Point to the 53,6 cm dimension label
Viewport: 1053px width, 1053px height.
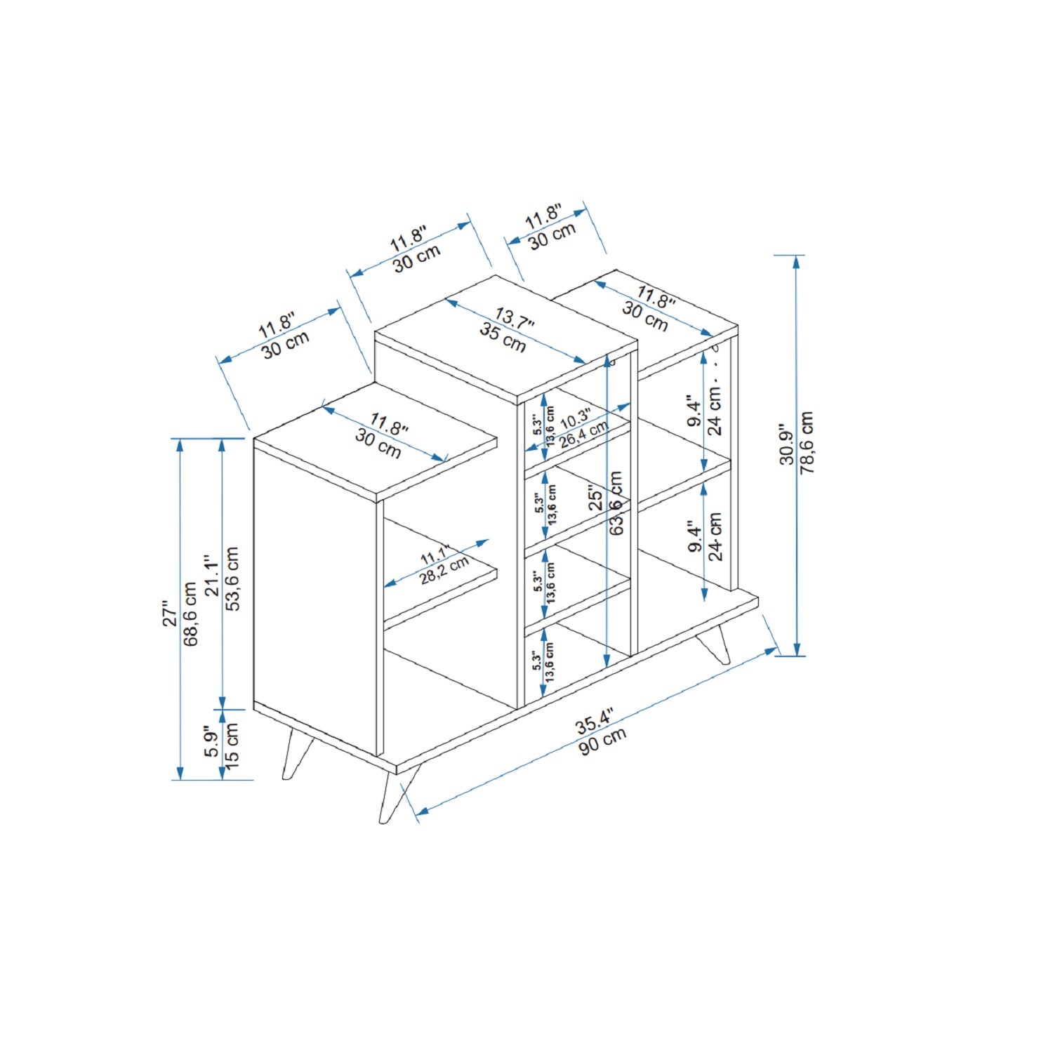[x=232, y=580]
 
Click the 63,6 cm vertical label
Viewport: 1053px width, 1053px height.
[x=616, y=503]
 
